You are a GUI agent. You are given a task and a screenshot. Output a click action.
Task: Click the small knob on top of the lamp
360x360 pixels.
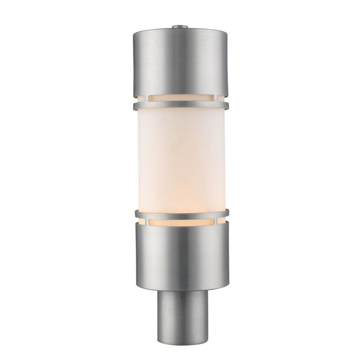(x=180, y=26)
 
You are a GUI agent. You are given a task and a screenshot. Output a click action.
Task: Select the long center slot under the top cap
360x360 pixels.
(x=180, y=98)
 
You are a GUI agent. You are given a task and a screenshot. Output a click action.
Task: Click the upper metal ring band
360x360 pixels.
(x=180, y=105)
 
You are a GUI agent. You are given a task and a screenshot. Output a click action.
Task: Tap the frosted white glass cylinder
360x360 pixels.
(x=180, y=158)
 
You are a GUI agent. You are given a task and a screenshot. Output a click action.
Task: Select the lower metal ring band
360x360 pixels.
(x=180, y=214)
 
